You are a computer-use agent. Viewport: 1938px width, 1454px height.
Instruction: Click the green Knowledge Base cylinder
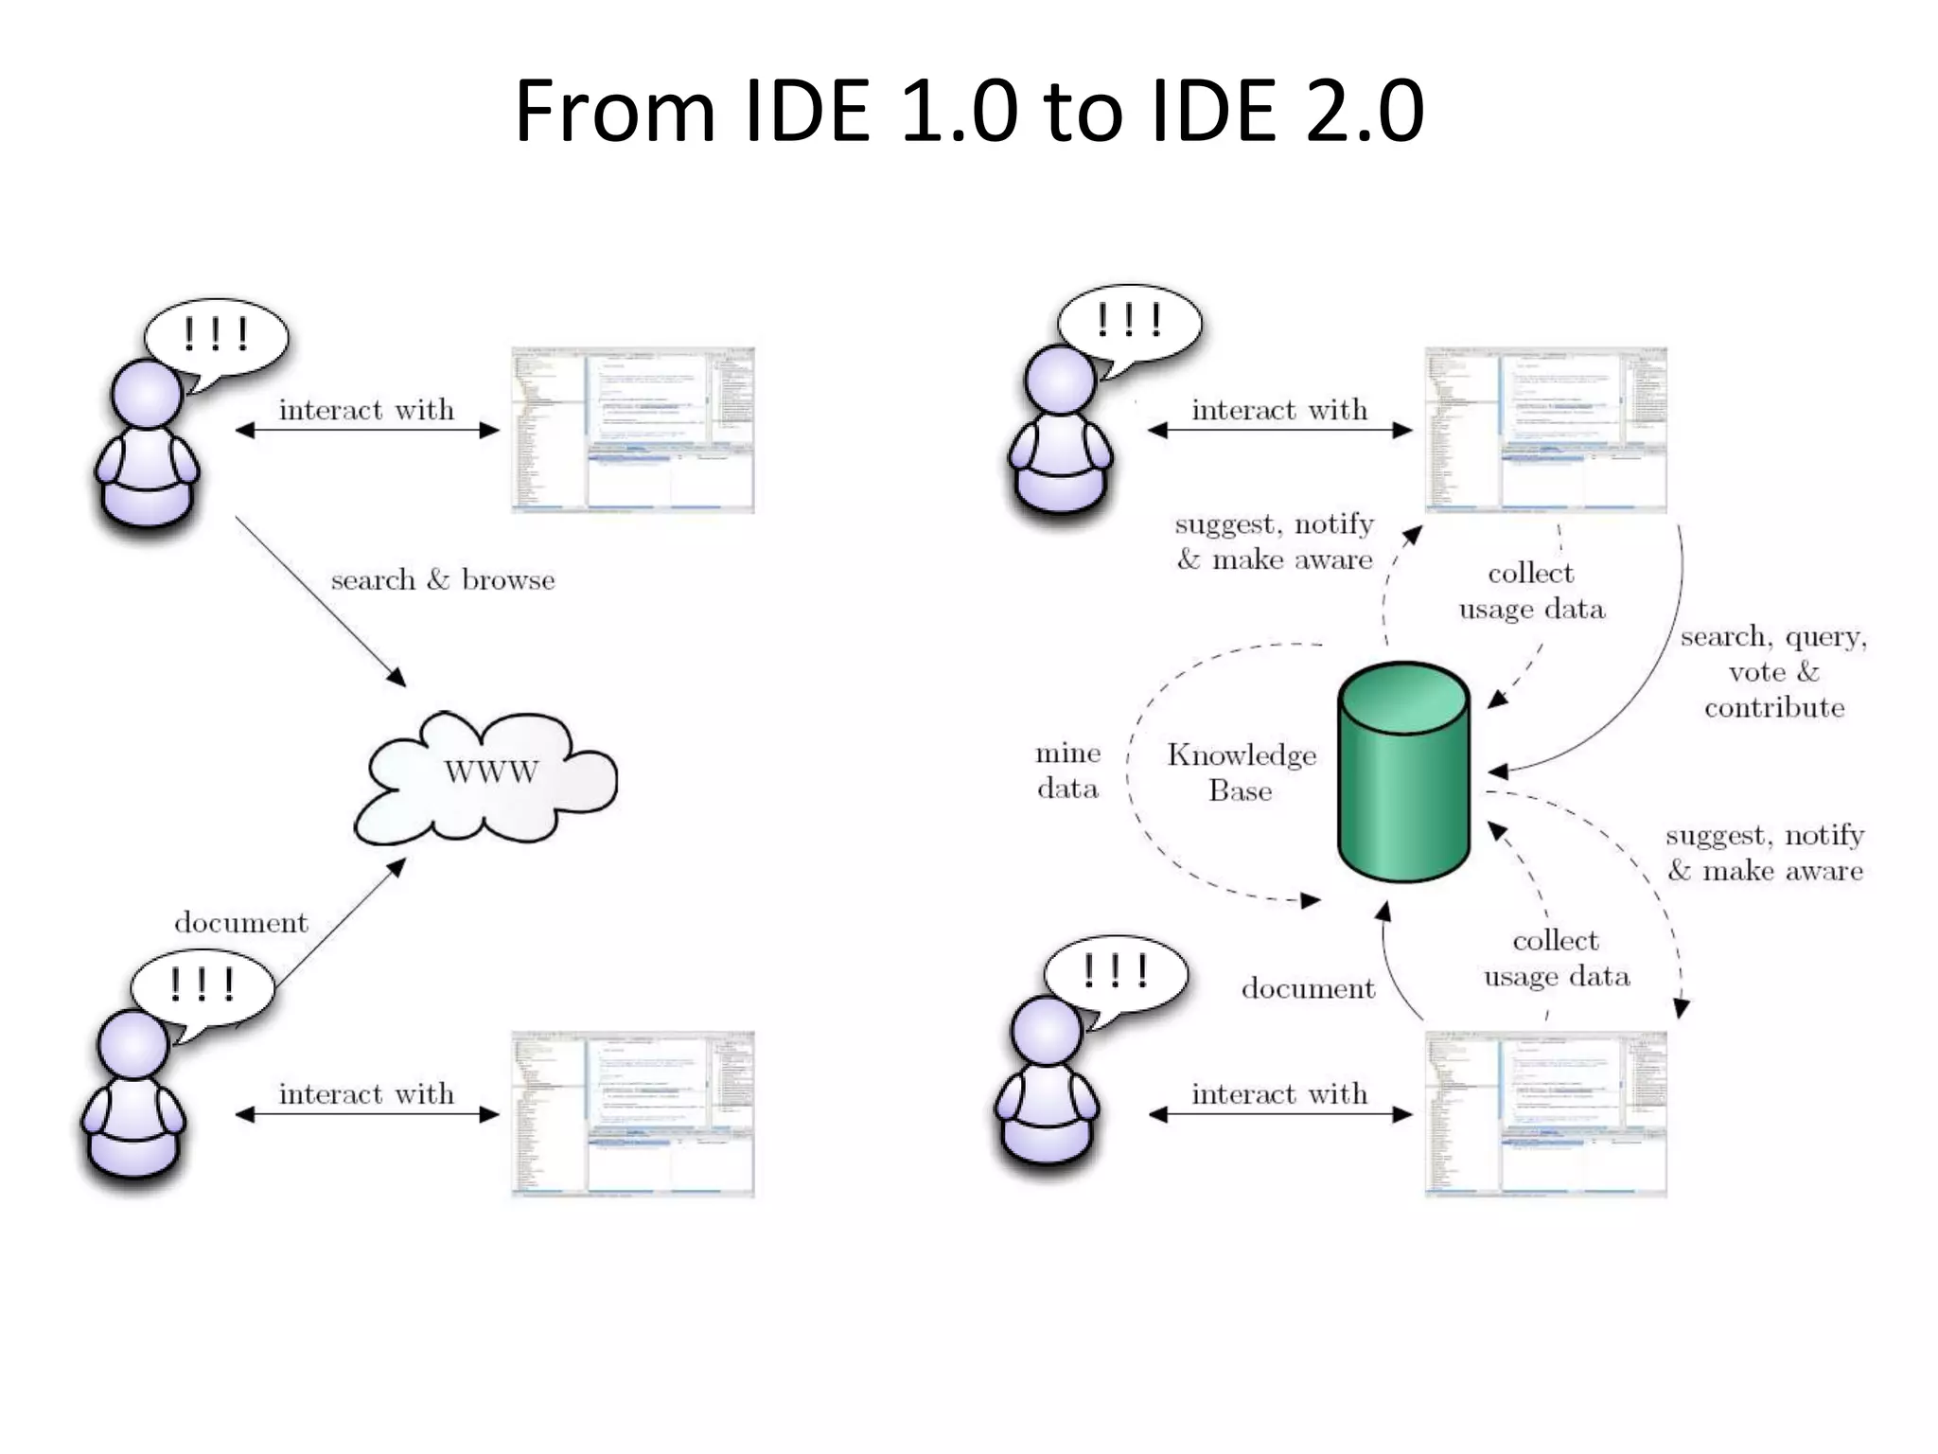[1403, 771]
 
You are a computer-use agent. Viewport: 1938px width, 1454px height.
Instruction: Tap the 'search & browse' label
[442, 579]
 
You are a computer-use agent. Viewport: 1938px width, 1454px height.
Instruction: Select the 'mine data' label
[1067, 771]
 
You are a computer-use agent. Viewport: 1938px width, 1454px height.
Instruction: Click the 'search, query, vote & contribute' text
[1773, 671]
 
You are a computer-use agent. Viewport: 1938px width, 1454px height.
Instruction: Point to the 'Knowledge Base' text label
[1241, 771]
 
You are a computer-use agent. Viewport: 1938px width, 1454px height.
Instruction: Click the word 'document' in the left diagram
[241, 923]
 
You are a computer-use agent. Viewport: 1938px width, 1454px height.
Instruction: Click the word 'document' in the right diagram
[1308, 988]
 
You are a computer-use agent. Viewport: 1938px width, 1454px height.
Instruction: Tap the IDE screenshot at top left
[632, 430]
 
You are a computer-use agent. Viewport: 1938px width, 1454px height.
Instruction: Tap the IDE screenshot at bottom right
[1545, 1114]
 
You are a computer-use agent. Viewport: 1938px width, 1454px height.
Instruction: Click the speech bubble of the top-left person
[216, 337]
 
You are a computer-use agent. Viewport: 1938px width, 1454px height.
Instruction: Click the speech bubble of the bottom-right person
[1115, 973]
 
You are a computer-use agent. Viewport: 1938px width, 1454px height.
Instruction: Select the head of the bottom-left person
[133, 1044]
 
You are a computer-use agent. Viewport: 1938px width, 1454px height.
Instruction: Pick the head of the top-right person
[1060, 379]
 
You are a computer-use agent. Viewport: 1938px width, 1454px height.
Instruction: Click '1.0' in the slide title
[959, 111]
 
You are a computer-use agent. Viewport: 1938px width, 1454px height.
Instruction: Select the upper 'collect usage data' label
[1531, 591]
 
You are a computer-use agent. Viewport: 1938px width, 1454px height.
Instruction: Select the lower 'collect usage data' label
[1556, 958]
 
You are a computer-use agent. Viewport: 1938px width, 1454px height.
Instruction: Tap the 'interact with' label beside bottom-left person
[366, 1094]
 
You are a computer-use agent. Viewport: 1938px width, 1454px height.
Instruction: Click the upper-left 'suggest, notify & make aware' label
[1274, 541]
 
